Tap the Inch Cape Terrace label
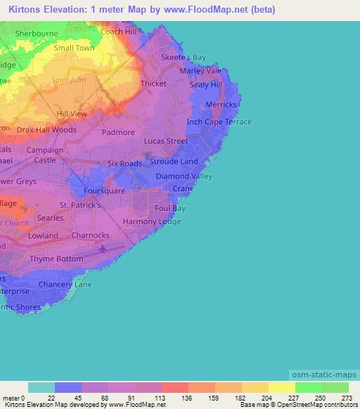click(219, 122)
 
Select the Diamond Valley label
click(184, 176)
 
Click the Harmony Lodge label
click(152, 221)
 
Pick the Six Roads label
click(124, 163)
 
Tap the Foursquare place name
click(104, 190)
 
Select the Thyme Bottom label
click(56, 259)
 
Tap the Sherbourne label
click(34, 33)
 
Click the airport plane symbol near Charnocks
click(105, 248)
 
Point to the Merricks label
click(221, 105)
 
